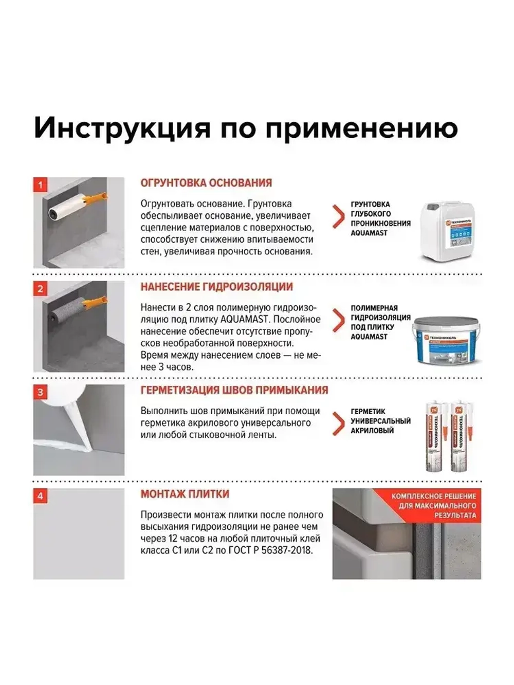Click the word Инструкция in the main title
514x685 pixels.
coord(122,128)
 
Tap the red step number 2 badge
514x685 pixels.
coord(40,289)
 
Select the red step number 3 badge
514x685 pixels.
coord(40,393)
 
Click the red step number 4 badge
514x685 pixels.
coord(40,496)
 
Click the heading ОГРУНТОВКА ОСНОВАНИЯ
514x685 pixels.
coord(206,183)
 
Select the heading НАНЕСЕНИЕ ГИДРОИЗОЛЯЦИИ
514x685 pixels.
coord(216,287)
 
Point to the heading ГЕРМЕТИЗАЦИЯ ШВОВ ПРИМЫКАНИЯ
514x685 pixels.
coord(234,391)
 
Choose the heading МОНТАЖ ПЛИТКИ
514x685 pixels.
coord(185,494)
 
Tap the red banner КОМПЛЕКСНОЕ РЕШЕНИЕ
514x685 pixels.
coord(433,505)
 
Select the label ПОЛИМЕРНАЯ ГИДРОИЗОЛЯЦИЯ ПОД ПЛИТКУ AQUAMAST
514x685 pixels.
coord(380,322)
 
